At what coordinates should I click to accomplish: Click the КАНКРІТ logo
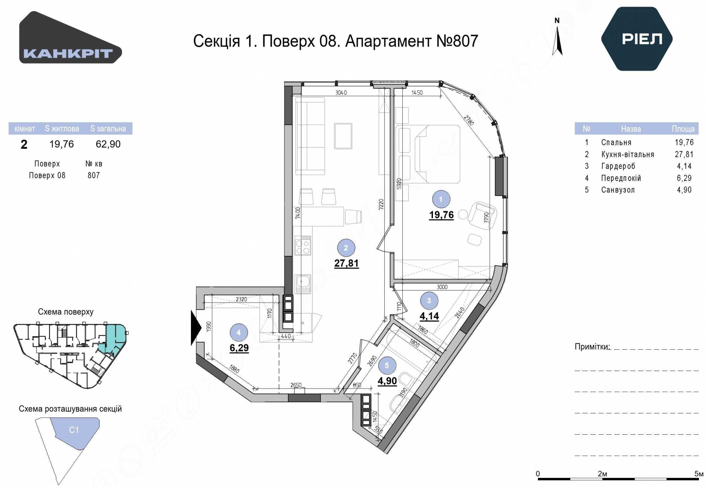click(x=70, y=37)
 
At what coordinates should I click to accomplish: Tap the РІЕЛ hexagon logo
click(x=637, y=39)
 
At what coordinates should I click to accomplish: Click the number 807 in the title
click(x=465, y=41)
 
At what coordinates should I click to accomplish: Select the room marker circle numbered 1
click(x=441, y=199)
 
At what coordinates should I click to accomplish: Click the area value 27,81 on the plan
click(x=346, y=263)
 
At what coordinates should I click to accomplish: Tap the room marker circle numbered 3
click(x=429, y=300)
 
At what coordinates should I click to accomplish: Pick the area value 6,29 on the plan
click(x=239, y=348)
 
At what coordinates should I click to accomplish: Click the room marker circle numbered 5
click(x=387, y=365)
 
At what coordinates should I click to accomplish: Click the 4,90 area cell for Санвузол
click(x=684, y=190)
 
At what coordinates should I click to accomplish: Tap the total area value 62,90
click(x=108, y=144)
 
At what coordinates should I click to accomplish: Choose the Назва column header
click(x=631, y=129)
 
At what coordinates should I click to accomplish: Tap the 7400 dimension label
click(x=298, y=213)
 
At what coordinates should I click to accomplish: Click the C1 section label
click(x=74, y=430)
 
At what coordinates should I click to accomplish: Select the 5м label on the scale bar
click(x=699, y=474)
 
